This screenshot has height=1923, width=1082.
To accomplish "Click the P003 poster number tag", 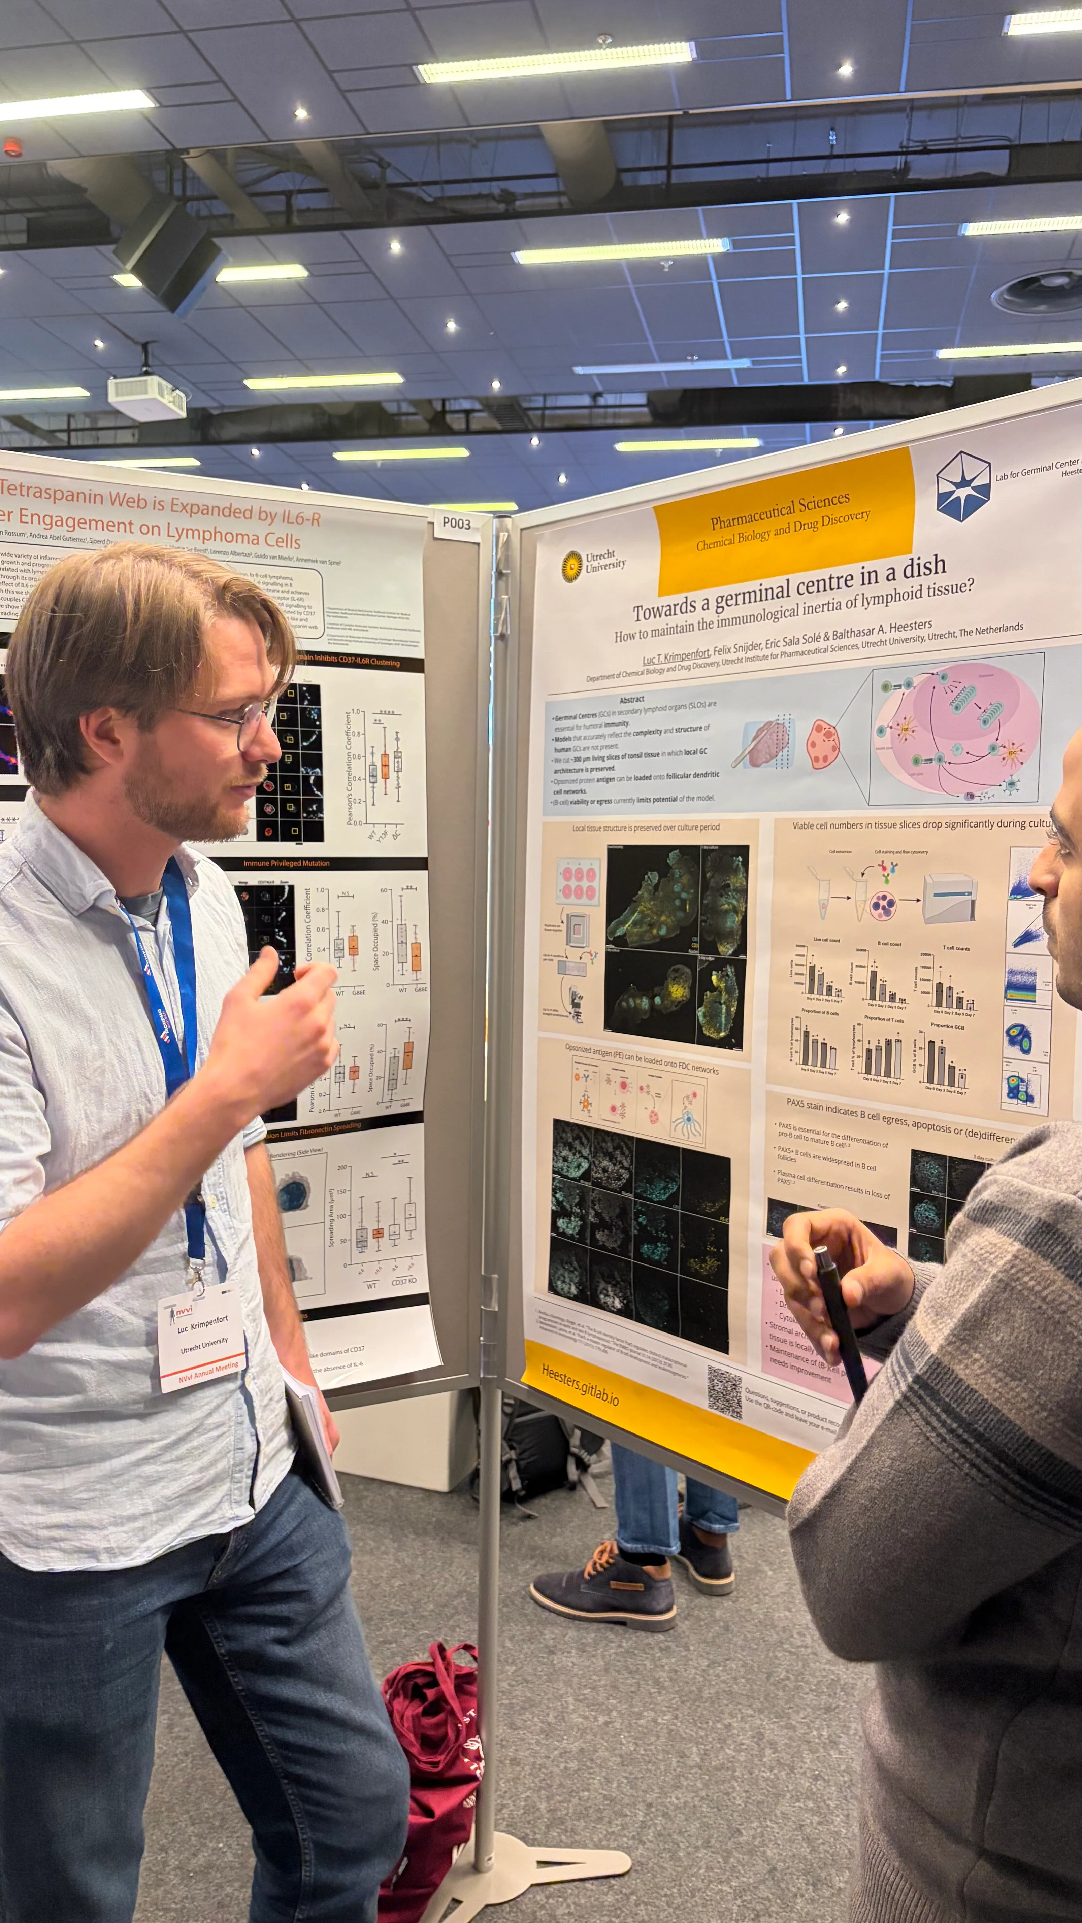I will pyautogui.click(x=456, y=522).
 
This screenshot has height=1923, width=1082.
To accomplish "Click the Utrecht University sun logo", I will pyautogui.click(x=571, y=565).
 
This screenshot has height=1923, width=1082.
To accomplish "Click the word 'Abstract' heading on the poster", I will pyautogui.click(x=632, y=700).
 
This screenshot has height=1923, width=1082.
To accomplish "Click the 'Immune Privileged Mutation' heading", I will pyautogui.click(x=286, y=863).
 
